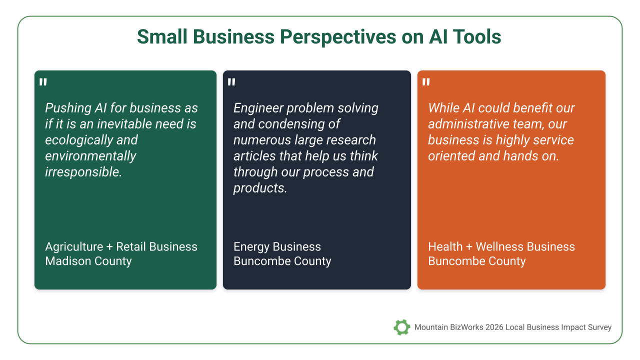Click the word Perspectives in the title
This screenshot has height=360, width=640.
337,37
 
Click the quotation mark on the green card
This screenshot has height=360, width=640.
43,82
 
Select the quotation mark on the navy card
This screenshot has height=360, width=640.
231,82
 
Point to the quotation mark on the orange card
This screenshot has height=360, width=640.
426,82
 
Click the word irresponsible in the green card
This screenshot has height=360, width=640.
83,172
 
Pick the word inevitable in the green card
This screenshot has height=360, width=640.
127,124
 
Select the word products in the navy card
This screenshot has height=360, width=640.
260,188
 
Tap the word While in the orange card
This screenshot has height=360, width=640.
443,108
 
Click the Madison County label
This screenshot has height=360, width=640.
88,261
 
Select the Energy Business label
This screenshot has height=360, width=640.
277,247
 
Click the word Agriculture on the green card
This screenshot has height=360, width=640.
74,247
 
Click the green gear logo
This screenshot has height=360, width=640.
401,327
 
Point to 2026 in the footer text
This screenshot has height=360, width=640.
494,327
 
